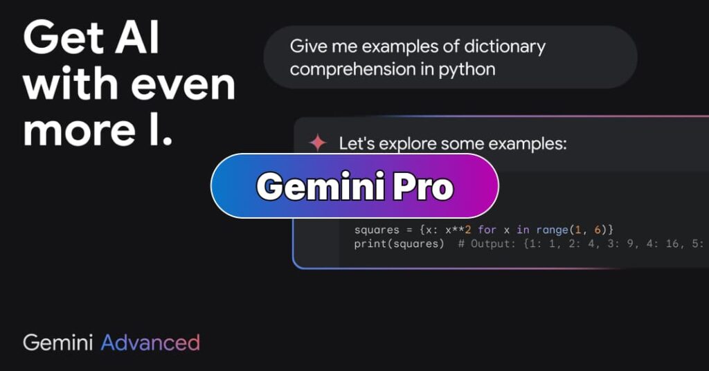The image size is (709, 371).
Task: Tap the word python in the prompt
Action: point(468,70)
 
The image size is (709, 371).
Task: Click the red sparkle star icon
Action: point(318,143)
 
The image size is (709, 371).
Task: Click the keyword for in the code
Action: point(487,229)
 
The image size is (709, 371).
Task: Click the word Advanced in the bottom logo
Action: point(150,342)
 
